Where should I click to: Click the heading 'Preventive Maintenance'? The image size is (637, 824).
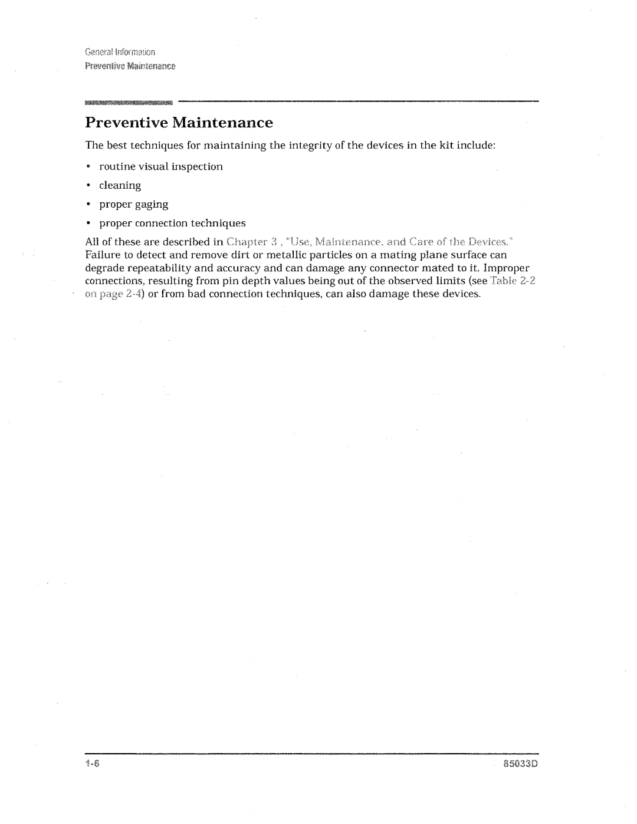179,123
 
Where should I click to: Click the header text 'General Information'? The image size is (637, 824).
120,51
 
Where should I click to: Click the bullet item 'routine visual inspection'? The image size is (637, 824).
160,167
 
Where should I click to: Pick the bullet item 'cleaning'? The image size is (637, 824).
120,186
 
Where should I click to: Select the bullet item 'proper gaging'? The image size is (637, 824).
133,205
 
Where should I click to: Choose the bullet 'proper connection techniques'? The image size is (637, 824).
172,224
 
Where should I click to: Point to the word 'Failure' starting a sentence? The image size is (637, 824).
101,255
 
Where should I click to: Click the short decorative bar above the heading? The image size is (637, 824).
129,103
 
